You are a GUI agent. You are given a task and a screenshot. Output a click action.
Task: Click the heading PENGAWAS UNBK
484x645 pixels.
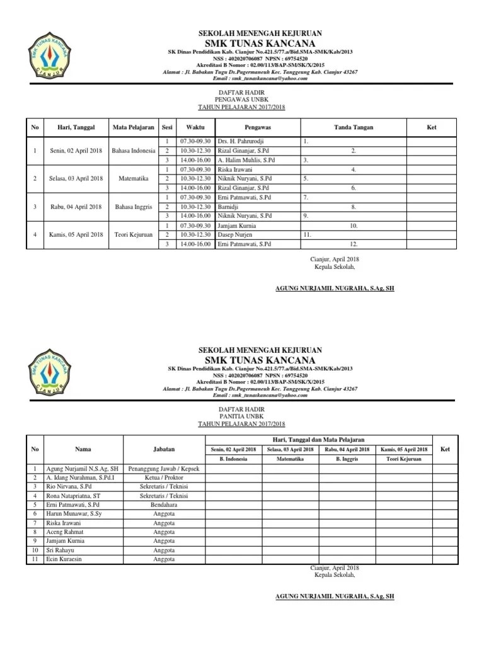[x=243, y=100]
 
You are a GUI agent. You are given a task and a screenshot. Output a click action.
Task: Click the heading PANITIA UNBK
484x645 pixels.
[x=243, y=416]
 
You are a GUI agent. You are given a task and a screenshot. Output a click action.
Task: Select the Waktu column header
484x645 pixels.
[x=195, y=127]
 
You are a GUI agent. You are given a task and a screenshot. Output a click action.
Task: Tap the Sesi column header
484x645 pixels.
[x=167, y=127]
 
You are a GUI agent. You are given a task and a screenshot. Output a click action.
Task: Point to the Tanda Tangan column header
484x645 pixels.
[x=354, y=127]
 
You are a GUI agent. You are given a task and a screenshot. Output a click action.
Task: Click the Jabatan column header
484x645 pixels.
[x=164, y=449]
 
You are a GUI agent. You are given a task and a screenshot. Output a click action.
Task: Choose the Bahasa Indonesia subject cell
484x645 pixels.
[x=133, y=151]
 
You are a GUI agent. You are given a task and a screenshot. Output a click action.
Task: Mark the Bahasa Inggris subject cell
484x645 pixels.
[x=133, y=207]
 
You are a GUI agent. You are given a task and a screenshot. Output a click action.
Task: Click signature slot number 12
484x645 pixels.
[x=354, y=244]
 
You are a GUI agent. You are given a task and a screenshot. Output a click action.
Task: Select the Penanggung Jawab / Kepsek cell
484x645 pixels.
[x=164, y=469]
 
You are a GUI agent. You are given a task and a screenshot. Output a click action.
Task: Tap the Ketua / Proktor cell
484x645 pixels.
[x=164, y=478]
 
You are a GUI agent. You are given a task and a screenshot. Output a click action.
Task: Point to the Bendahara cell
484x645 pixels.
[x=164, y=505]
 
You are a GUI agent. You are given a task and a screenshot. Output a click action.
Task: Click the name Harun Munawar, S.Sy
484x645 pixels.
[x=74, y=514]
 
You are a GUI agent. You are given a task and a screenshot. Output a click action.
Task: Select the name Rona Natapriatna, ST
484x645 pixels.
[x=76, y=496]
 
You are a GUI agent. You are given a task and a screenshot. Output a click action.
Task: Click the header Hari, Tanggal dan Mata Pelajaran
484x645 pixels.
[x=318, y=440]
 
